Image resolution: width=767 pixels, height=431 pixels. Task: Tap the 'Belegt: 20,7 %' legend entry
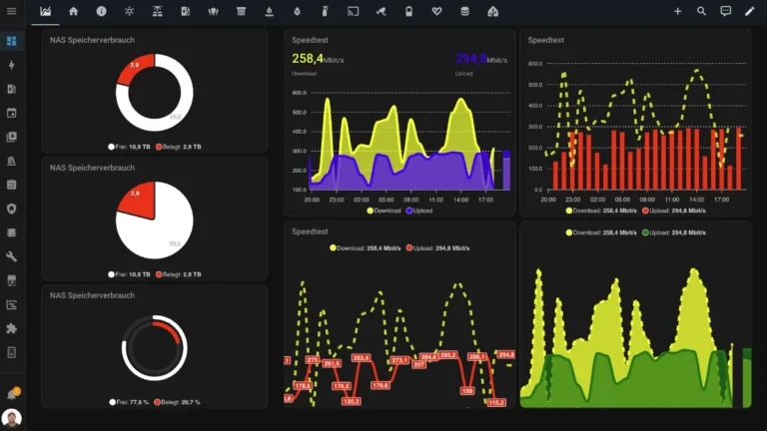tap(178, 402)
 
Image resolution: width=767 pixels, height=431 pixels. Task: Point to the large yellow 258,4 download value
tap(309, 59)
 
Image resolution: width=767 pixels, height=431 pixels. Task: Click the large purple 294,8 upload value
tap(472, 59)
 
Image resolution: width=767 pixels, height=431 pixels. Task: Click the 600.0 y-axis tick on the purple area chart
tap(299, 93)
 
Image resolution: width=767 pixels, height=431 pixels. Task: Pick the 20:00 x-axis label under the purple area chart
tap(312, 200)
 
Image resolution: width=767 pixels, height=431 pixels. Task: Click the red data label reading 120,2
tap(351, 401)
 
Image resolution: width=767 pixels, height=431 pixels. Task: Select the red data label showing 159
tap(467, 390)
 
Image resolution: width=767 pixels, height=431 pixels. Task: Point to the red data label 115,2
tap(496, 402)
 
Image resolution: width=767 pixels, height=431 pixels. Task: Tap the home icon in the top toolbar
tap(73, 11)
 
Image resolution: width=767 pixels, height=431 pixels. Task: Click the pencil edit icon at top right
tap(750, 11)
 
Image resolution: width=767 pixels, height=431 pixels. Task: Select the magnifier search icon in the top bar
tap(701, 11)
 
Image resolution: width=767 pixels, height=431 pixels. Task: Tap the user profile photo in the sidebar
tap(12, 418)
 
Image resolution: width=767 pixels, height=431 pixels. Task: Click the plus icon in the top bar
tap(677, 11)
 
